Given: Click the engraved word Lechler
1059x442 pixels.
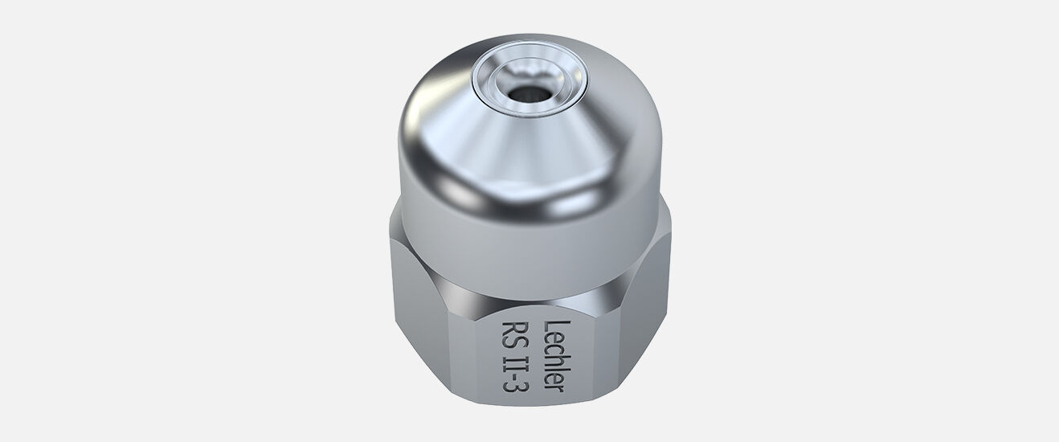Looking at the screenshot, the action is tap(554, 356).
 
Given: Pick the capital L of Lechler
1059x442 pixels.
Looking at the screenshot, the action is tap(554, 326).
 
